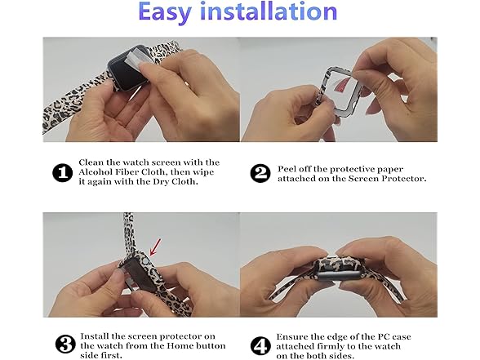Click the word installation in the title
click(274, 12)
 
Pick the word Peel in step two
click(289, 167)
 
